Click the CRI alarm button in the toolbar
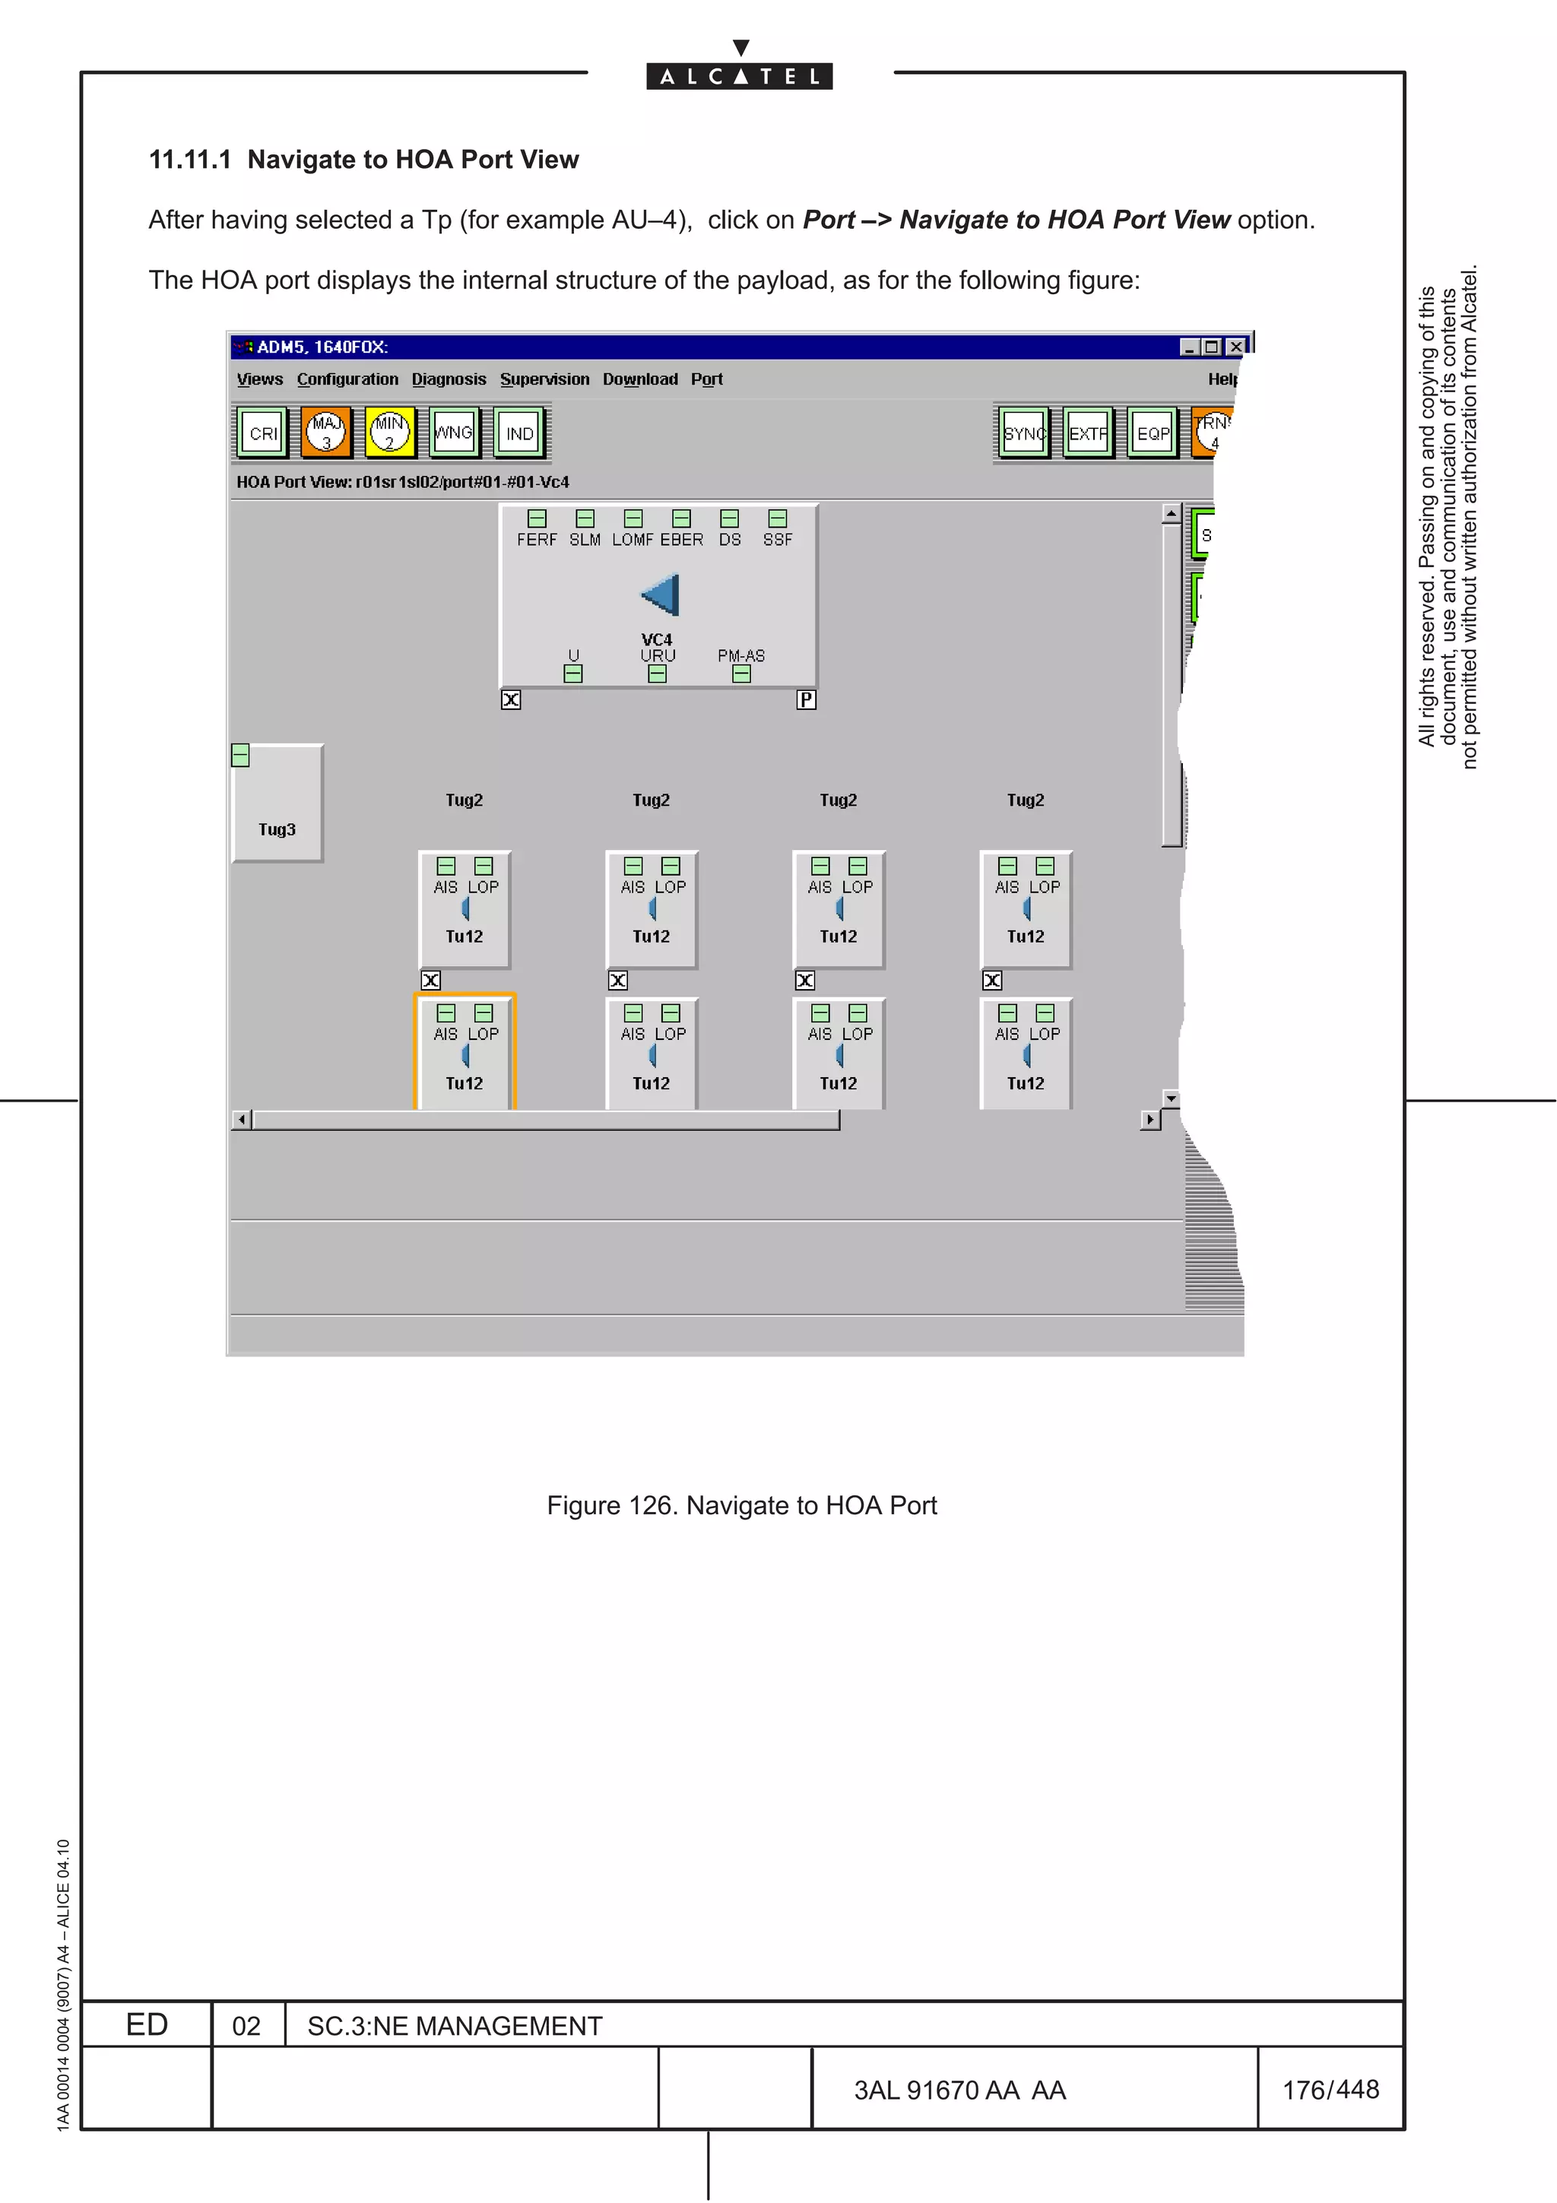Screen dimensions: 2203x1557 coord(262,433)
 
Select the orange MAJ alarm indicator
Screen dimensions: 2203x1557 coord(326,433)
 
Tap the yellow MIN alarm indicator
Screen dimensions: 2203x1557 coord(389,433)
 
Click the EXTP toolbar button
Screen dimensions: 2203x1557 coord(1088,433)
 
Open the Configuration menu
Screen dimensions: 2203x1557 coord(347,379)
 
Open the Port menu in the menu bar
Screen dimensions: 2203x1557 coord(706,379)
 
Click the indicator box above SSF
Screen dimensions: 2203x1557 coord(777,519)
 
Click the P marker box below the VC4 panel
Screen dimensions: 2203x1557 coord(806,699)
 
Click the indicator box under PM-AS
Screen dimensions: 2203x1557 coord(740,674)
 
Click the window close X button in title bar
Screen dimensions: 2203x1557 coord(1235,347)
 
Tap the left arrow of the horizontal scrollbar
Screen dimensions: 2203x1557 coord(242,1120)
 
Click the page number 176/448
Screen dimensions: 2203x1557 coord(1330,2089)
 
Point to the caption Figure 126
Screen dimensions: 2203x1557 coord(740,1504)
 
